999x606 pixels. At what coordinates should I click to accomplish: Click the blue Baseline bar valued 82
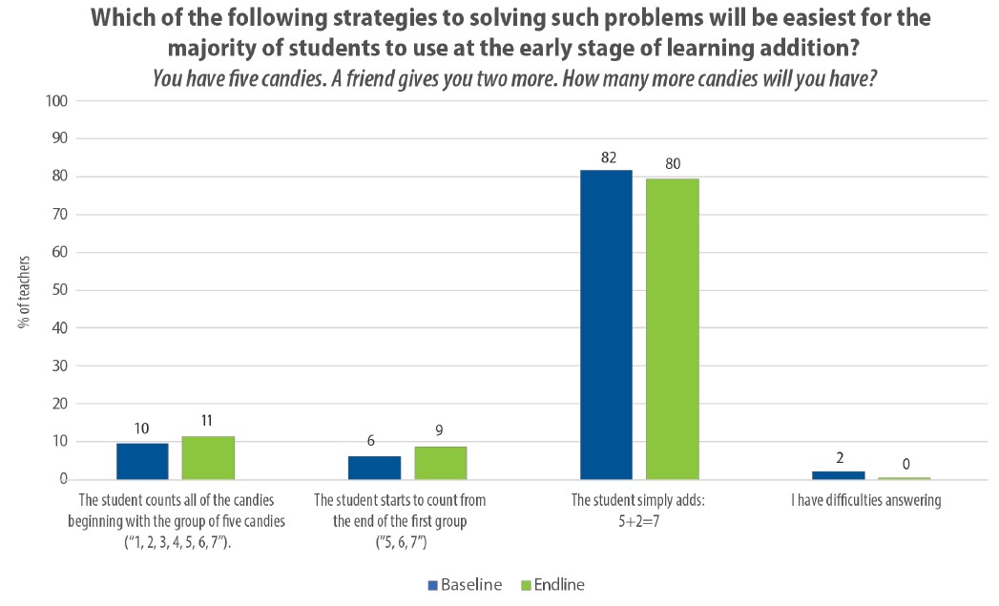(606, 324)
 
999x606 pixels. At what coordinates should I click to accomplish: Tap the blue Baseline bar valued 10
(142, 461)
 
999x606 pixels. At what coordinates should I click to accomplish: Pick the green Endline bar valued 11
(208, 457)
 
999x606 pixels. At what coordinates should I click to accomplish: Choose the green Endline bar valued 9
(440, 463)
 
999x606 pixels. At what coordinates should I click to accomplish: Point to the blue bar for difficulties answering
(839, 474)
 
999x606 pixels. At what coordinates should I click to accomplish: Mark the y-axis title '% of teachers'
(25, 290)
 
